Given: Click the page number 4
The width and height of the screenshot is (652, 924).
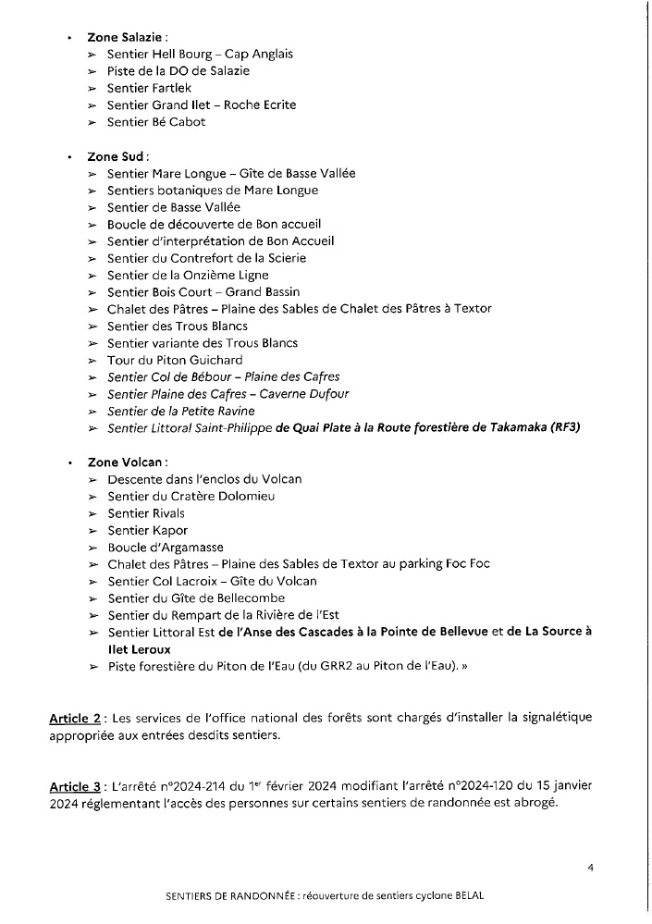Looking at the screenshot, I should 589,868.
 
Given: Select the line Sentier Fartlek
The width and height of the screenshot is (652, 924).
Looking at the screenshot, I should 149,88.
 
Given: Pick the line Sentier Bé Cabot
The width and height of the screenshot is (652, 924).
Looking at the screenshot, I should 155,121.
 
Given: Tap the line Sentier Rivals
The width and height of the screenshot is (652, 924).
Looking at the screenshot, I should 145,513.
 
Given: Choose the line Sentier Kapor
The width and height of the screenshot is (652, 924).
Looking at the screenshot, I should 147,530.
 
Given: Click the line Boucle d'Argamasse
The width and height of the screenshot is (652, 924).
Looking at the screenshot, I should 166,548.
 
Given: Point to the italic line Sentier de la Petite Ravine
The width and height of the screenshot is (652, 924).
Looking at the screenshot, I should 180,411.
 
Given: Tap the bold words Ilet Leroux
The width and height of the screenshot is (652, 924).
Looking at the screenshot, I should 144,649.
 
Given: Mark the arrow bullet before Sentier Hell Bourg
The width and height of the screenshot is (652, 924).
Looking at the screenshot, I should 92,55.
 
